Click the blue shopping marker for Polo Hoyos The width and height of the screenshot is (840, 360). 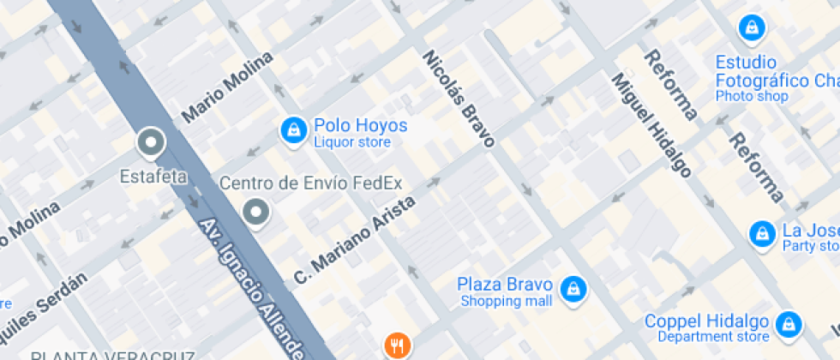[x=294, y=130]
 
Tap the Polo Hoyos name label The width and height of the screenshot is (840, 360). [x=360, y=126]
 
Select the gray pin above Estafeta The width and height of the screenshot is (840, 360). [x=151, y=143]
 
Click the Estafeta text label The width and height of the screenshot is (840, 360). [x=153, y=177]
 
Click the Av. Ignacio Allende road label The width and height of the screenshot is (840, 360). [x=252, y=287]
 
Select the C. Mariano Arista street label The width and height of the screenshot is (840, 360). [x=354, y=240]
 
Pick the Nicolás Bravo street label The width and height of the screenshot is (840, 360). [x=459, y=98]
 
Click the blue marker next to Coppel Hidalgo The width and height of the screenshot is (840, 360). [x=787, y=324]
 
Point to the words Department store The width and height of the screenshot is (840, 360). [x=719, y=337]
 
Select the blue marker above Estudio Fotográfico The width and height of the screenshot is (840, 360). [x=751, y=27]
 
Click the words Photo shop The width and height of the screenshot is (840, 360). [x=752, y=97]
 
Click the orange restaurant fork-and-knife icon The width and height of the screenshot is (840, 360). [x=395, y=346]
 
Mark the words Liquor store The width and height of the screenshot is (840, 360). [x=352, y=142]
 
